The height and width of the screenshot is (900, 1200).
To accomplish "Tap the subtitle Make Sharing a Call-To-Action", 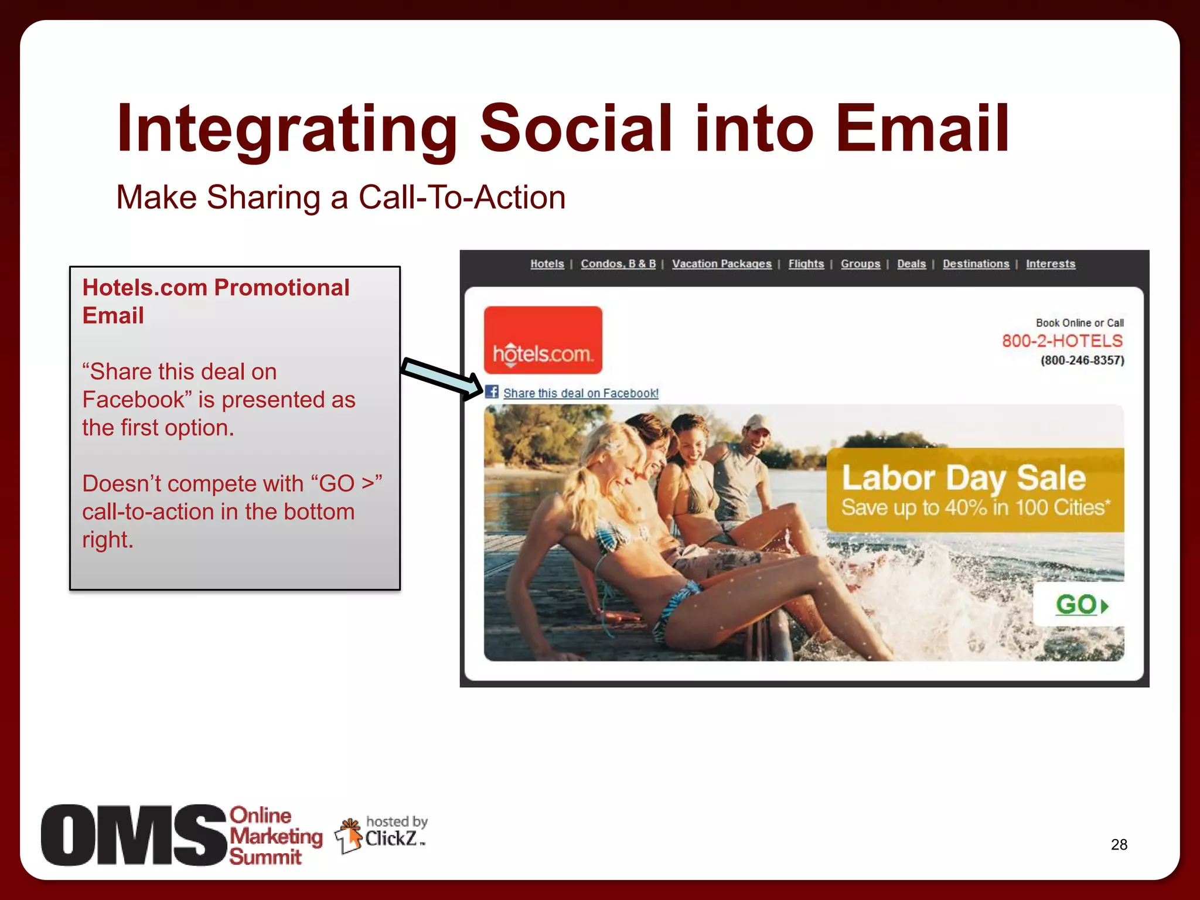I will click(x=340, y=197).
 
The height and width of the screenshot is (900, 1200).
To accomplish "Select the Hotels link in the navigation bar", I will click(x=547, y=264).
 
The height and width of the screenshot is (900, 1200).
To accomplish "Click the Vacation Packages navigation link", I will click(x=721, y=264).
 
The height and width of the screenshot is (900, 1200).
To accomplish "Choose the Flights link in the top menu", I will click(x=806, y=264).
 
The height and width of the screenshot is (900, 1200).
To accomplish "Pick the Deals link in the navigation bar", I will click(x=911, y=264).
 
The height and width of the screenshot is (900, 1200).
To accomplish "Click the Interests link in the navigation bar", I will click(x=1050, y=264).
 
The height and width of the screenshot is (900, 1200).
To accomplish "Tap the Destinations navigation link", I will click(x=976, y=264).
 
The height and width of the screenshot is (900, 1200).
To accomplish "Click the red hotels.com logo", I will click(x=543, y=340).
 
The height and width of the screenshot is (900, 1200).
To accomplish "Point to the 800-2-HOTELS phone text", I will click(x=1062, y=340).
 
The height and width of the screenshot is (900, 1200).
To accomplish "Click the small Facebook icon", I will click(x=492, y=392).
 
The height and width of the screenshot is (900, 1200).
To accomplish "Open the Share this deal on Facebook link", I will click(x=580, y=393).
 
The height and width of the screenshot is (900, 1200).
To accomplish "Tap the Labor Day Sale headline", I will click(x=963, y=478).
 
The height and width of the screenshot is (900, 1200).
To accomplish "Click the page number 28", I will click(x=1119, y=844).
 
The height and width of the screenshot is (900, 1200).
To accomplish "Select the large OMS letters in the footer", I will click(x=134, y=835).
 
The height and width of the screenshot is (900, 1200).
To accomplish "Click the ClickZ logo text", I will click(x=391, y=838).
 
